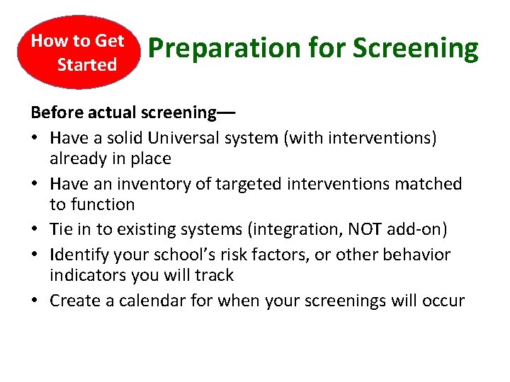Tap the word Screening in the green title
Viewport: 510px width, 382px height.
tap(416, 49)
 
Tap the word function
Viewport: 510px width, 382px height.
tap(103, 204)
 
